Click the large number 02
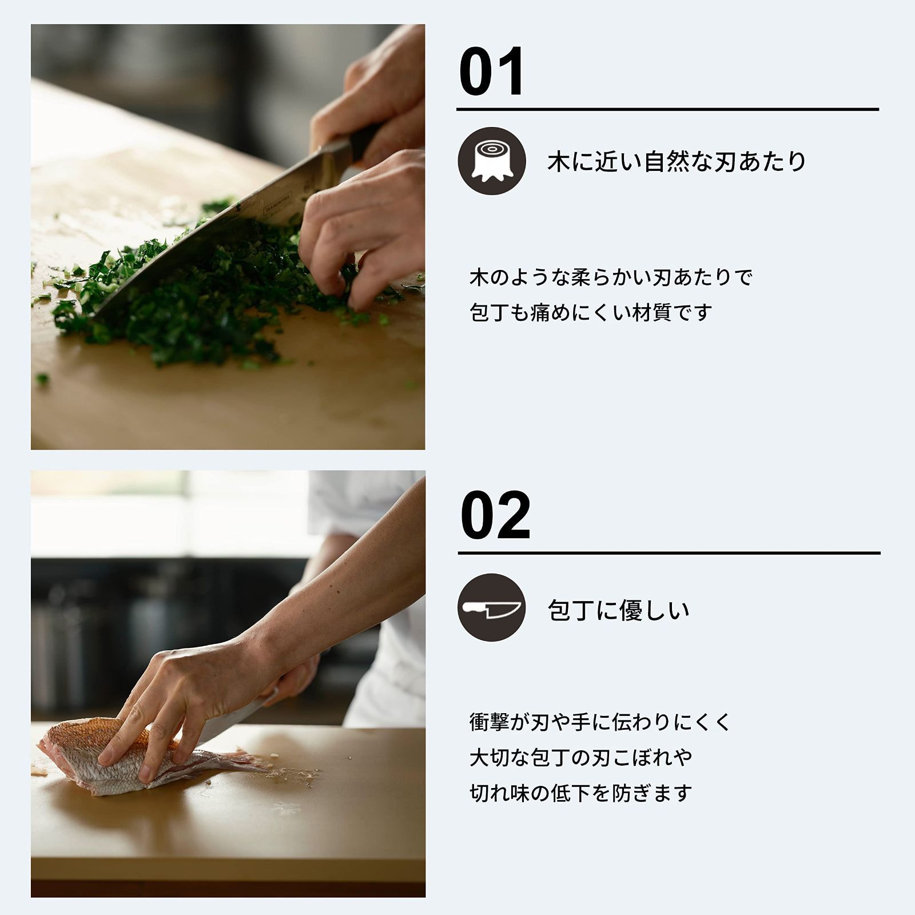click(495, 515)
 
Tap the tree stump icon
click(492, 161)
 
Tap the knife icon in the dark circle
click(492, 607)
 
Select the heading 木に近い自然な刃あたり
click(677, 162)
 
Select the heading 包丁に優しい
click(618, 611)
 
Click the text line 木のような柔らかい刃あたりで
click(611, 277)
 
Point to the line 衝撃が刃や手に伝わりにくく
click(600, 722)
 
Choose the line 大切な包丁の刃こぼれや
click(580, 757)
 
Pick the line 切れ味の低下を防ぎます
click(580, 793)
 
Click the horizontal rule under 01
click(667, 109)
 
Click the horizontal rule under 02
click(669, 553)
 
